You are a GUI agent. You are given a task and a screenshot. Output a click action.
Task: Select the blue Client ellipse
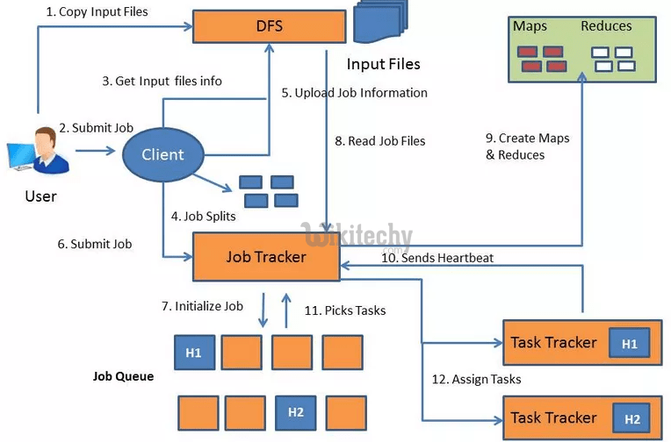[163, 154]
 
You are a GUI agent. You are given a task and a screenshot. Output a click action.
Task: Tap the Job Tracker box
[266, 256]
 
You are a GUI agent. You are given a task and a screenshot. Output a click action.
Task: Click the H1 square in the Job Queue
[194, 353]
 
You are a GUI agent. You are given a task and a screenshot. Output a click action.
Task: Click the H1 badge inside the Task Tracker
[630, 344]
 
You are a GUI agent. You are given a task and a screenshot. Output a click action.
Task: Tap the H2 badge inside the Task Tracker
[633, 419]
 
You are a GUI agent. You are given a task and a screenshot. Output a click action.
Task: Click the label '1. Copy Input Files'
[97, 12]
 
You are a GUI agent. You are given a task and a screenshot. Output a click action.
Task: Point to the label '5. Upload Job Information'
[355, 93]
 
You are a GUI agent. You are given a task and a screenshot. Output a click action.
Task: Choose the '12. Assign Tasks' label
[476, 379]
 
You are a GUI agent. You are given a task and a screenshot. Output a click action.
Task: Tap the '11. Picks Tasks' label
[344, 310]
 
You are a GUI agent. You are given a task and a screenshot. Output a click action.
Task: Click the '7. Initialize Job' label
[202, 306]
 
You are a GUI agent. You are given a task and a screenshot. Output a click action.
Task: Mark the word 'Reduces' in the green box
[606, 26]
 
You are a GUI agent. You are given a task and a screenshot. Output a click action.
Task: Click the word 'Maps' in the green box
[530, 26]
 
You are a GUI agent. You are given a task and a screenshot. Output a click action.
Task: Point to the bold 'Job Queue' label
[123, 376]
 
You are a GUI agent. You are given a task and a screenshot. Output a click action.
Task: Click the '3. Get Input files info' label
[162, 81]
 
